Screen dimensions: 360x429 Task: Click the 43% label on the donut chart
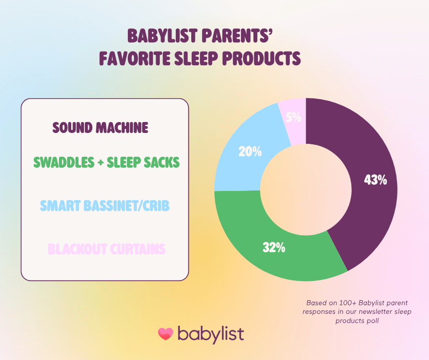pos(375,180)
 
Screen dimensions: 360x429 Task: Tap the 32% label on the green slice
pos(274,248)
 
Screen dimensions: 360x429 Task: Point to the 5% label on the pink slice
pos(293,117)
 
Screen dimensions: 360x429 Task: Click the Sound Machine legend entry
pos(100,127)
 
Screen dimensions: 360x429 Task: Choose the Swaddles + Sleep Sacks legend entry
pos(106,162)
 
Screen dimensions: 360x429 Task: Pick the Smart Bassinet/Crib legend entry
pos(105,206)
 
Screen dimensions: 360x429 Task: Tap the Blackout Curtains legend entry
pos(106,249)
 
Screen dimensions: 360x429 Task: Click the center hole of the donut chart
pos(305,189)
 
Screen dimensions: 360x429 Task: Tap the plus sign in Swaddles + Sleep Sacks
pos(100,163)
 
